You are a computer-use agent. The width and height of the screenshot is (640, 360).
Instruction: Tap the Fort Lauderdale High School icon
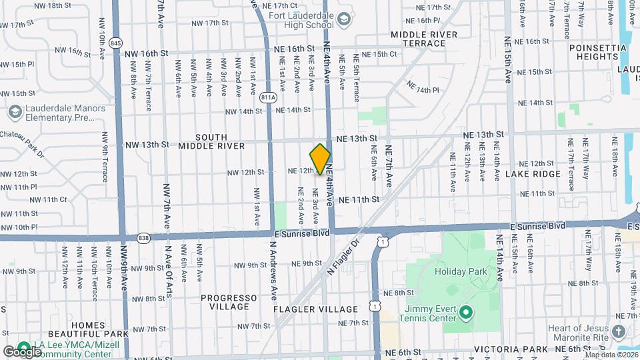pos(343,19)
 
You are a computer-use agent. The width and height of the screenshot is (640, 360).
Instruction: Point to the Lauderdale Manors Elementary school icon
pos(15,111)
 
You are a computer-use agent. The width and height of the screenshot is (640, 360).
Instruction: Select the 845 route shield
pos(117,43)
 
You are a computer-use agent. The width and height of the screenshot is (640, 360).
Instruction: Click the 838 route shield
pos(145,237)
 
